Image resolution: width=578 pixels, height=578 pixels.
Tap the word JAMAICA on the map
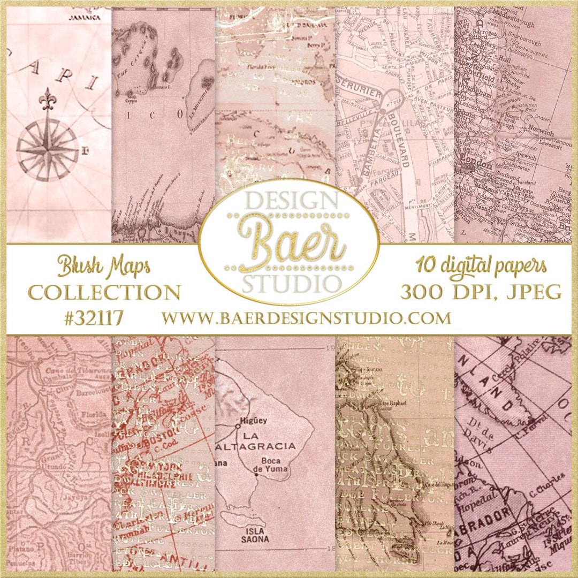point(86,17)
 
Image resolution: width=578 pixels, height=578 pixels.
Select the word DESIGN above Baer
point(288,202)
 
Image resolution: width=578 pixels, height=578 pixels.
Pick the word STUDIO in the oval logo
point(289,283)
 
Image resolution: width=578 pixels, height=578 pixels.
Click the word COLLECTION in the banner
point(104,292)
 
